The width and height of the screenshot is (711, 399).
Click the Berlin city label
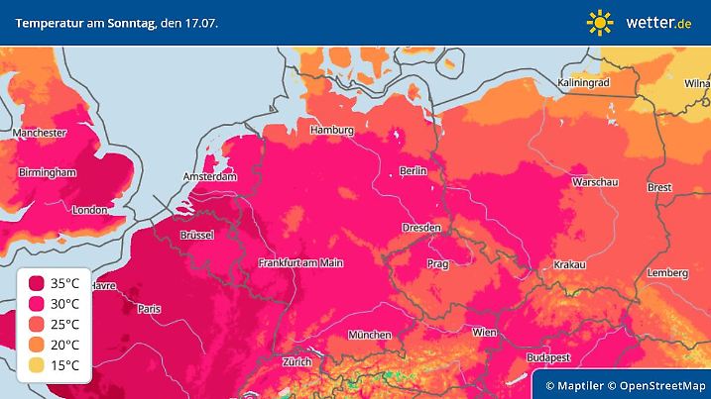tap(413, 171)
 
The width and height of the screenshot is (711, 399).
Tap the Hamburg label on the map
tap(331, 130)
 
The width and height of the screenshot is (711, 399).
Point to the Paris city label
tap(149, 309)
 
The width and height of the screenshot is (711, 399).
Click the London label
tap(89, 210)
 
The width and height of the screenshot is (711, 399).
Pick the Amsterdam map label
tap(209, 177)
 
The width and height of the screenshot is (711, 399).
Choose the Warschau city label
tap(596, 183)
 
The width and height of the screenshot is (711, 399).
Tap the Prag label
tap(437, 264)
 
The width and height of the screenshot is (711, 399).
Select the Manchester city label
tap(39, 133)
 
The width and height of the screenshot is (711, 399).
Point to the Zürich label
tap(296, 361)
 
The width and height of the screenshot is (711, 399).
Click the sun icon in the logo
tap(600, 22)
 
